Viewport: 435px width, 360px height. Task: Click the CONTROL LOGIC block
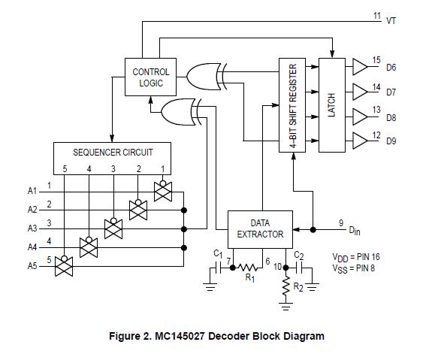(x=151, y=77)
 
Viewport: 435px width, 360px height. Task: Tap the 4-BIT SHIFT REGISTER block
(x=293, y=105)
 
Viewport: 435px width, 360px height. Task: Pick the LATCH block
(x=331, y=105)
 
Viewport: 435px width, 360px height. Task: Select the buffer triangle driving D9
(x=360, y=141)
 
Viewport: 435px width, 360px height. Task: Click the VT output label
(x=391, y=21)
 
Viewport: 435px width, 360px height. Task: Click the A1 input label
(x=32, y=192)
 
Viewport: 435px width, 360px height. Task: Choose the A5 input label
(x=32, y=265)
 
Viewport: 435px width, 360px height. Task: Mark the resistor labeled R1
(x=246, y=266)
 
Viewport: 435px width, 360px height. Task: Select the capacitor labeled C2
(x=303, y=266)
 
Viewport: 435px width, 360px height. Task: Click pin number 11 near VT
(x=377, y=14)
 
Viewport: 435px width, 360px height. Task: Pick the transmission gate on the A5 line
(x=64, y=265)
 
